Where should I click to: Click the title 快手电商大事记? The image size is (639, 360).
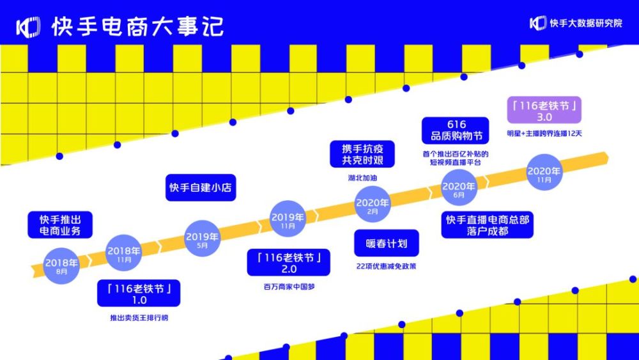click(138, 27)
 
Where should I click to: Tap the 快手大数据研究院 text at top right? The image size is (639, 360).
click(585, 23)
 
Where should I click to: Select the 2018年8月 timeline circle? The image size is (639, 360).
click(61, 266)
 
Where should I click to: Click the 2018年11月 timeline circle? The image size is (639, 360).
click(124, 253)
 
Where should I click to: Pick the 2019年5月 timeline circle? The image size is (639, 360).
click(202, 239)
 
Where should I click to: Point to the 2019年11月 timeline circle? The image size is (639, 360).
click(288, 219)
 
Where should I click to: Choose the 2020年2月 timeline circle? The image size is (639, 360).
click(373, 205)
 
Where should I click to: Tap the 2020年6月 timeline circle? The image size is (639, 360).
click(459, 188)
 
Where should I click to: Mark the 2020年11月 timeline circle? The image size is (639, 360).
click(544, 173)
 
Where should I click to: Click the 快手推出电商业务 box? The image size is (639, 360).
click(60, 225)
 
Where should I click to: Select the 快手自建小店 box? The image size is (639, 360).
click(201, 187)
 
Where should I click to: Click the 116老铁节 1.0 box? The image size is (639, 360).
click(139, 293)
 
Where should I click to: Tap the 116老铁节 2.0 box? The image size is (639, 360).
click(289, 263)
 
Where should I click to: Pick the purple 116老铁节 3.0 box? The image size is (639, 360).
click(544, 110)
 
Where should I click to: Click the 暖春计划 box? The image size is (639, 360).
click(387, 244)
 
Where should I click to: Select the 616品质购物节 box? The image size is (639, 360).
click(455, 130)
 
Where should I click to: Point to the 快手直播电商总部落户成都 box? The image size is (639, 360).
click(488, 224)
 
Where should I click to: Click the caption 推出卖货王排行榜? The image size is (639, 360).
click(139, 318)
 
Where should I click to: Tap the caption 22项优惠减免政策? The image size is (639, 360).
click(386, 267)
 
